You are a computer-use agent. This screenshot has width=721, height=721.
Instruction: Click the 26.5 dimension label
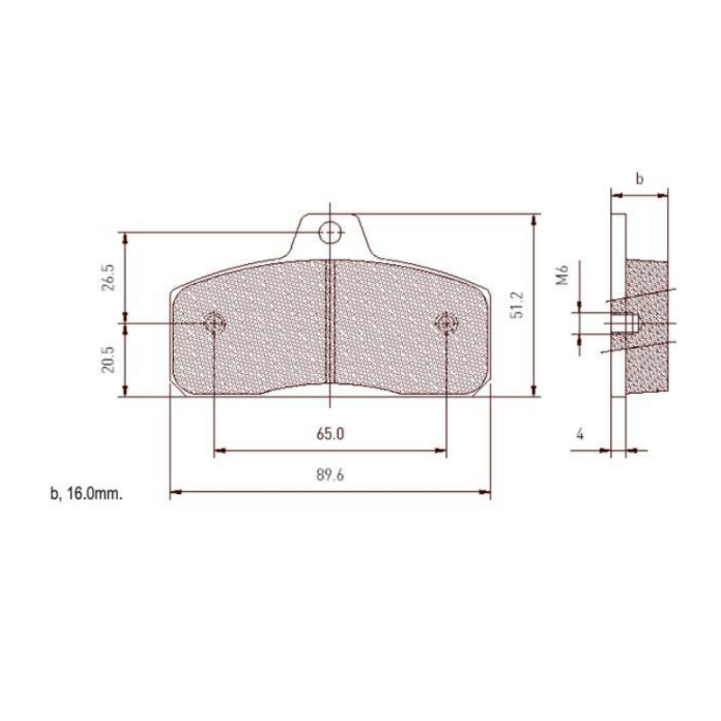(x=108, y=277)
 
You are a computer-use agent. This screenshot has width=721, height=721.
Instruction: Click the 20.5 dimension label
(x=108, y=360)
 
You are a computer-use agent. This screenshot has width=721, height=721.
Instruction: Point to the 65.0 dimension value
(x=331, y=434)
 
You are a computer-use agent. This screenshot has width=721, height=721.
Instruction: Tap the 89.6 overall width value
(x=331, y=477)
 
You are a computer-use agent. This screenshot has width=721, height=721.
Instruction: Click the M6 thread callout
(x=561, y=275)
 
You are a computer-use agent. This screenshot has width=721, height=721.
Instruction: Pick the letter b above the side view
(x=639, y=179)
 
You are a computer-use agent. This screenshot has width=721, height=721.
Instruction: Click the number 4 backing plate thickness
(x=580, y=434)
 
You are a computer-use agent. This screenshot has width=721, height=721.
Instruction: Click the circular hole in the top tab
(x=331, y=233)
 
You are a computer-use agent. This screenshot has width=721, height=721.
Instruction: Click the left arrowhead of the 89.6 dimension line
(x=174, y=492)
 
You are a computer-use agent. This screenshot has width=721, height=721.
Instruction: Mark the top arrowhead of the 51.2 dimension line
(x=537, y=218)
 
